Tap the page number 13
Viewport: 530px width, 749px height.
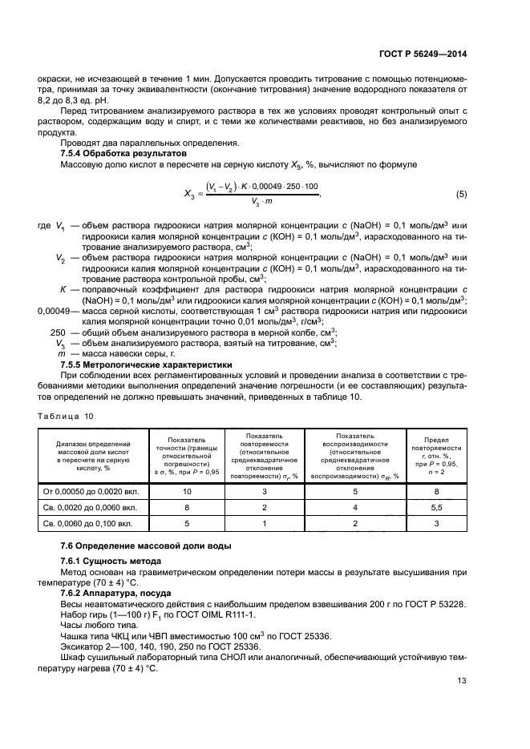(461, 703)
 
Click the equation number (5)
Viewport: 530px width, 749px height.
(461, 195)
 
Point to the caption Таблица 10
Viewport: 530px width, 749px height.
(66, 416)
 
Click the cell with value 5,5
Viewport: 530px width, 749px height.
(436, 508)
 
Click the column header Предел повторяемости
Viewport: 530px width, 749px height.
(436, 457)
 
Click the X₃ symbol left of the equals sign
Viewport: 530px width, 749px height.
(188, 195)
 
